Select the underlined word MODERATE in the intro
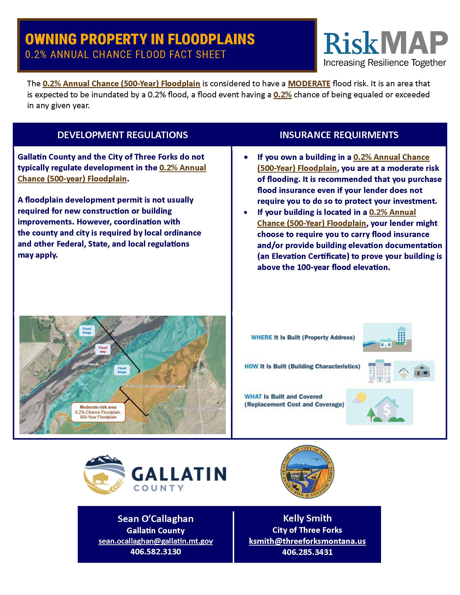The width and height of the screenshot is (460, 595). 309,83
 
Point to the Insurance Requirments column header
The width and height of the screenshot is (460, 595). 339,135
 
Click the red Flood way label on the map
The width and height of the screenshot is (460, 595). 103,350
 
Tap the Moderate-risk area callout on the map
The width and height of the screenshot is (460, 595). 98,412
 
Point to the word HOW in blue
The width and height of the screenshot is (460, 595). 251,366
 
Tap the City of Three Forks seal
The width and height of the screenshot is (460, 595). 307,472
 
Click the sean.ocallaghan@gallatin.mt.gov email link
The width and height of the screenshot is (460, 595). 156,541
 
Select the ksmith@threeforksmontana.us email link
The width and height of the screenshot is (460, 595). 307,541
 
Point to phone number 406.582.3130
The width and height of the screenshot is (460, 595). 156,552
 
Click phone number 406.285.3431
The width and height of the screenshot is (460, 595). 307,552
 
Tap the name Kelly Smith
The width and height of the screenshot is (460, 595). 307,518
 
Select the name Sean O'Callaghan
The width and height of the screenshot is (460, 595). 156,519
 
